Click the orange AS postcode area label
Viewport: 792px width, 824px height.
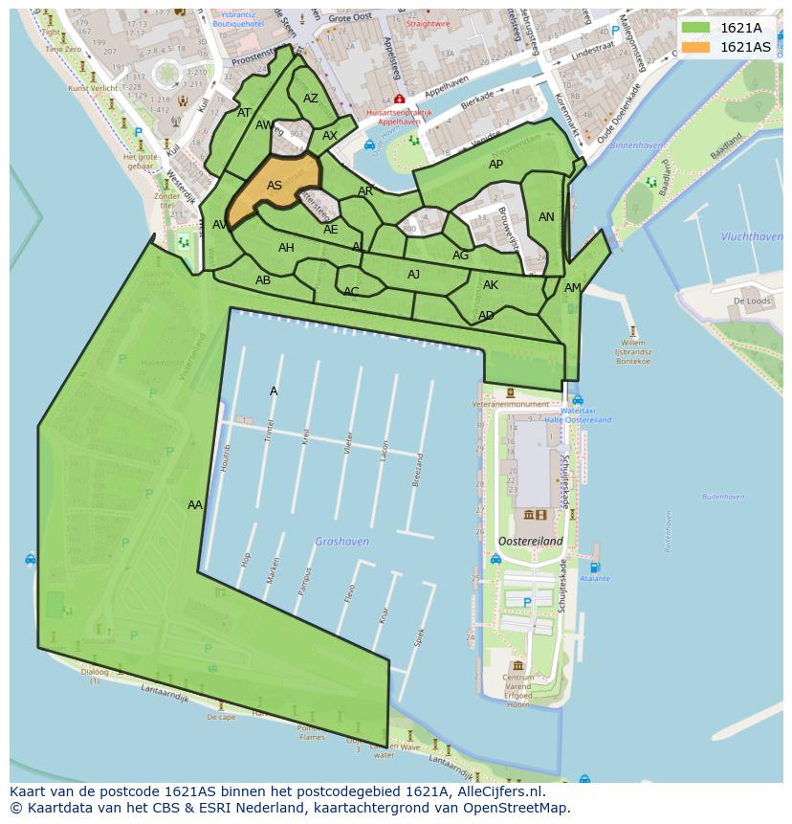(275, 186)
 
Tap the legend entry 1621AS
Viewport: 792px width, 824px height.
(744, 47)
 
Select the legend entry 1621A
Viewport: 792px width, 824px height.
(740, 28)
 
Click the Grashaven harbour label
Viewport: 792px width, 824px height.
(341, 542)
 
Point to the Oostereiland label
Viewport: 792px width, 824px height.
(529, 541)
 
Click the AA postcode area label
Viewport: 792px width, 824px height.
(195, 504)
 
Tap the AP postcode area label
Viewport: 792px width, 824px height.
(495, 165)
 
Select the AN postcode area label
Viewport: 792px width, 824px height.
(546, 217)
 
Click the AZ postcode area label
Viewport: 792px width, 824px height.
(311, 99)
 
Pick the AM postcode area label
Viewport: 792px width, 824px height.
(572, 288)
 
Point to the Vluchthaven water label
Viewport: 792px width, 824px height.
(752, 236)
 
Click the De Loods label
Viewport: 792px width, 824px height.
(751, 301)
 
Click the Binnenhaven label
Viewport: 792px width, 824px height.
(637, 145)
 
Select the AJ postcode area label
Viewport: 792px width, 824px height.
(413, 275)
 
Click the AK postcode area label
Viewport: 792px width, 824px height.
(491, 285)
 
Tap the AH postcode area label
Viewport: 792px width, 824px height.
(286, 248)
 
